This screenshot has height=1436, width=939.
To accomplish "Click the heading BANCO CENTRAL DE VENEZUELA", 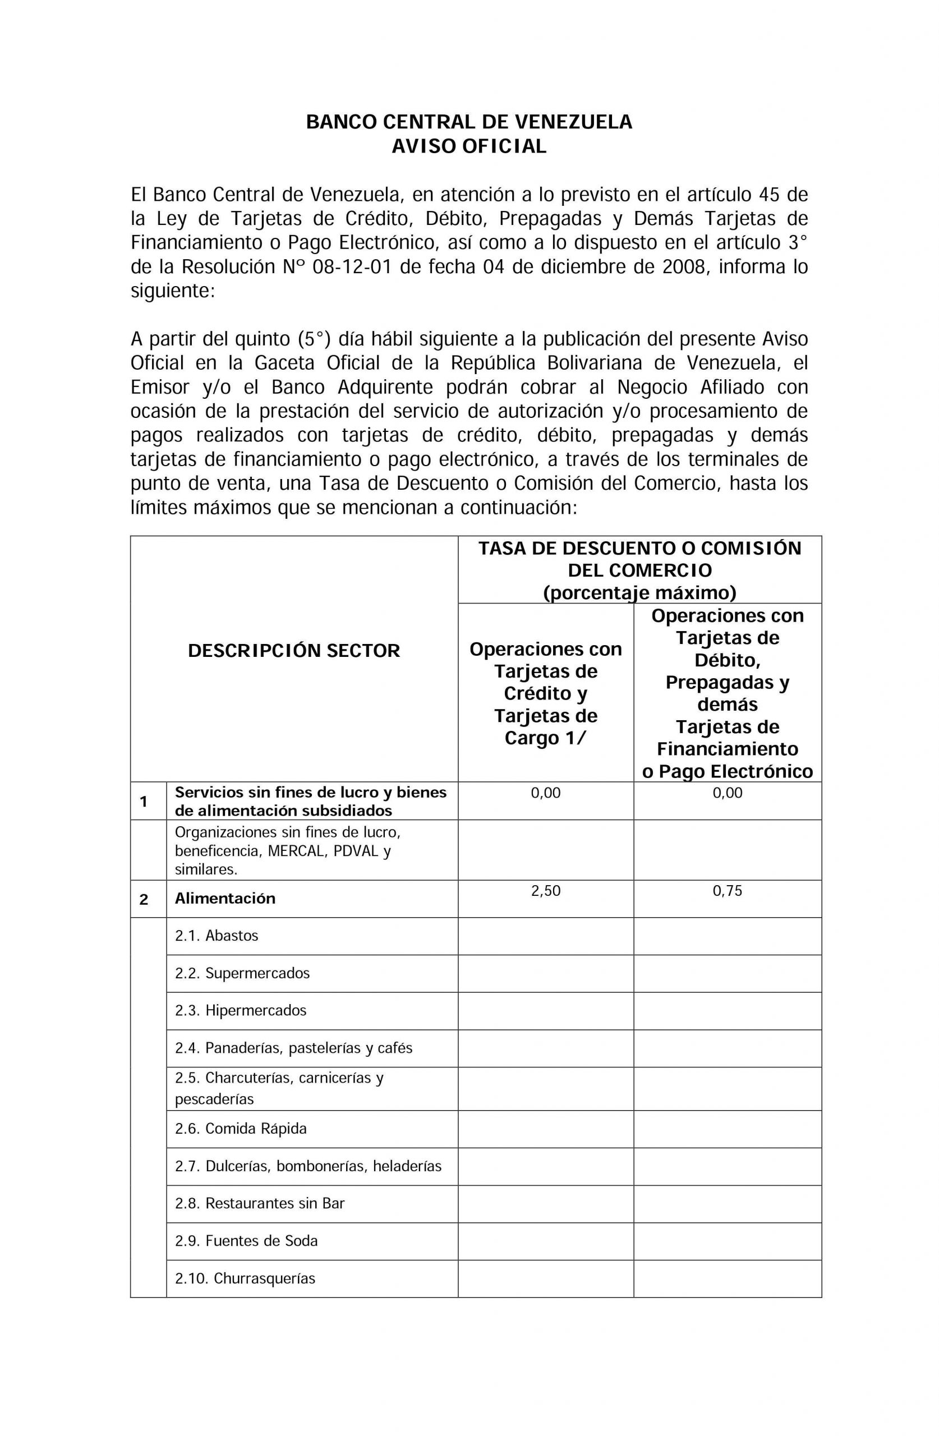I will tap(469, 122).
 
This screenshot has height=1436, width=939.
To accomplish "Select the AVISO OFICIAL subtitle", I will tap(469, 146).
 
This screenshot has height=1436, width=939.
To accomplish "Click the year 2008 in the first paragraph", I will tap(683, 266).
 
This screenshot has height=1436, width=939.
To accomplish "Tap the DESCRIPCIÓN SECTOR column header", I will tap(294, 651).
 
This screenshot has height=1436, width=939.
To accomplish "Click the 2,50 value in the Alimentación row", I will tap(546, 891).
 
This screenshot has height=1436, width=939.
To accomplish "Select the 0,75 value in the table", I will tap(727, 891).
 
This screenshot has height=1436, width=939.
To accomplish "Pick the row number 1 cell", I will tap(144, 801).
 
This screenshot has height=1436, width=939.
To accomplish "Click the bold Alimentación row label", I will tap(225, 899).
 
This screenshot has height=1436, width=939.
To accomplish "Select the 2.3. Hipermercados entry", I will tap(241, 1011).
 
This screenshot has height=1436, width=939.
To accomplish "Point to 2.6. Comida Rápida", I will tap(241, 1128).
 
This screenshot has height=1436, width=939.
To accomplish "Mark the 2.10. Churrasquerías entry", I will tap(245, 1278).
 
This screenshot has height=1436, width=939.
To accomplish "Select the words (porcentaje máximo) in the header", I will tap(639, 593).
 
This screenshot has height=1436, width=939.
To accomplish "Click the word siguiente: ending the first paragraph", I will tap(173, 291).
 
